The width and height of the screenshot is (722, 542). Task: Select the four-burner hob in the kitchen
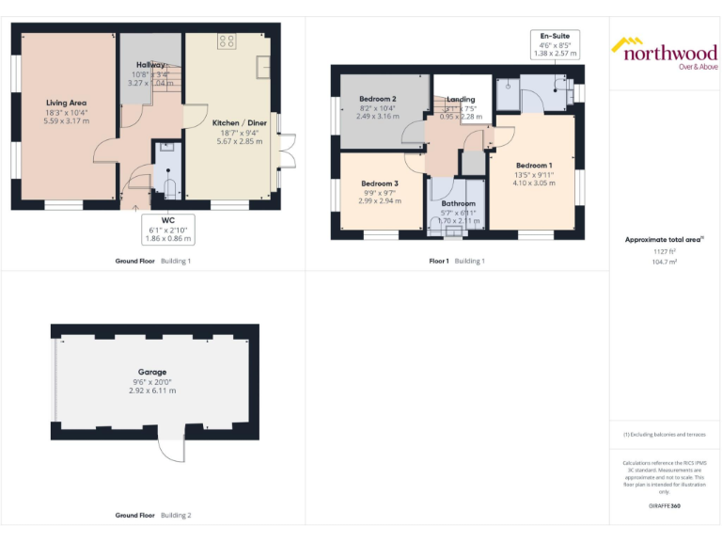click(x=227, y=40)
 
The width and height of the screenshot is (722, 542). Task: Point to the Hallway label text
click(x=150, y=65)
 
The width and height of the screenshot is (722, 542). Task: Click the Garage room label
click(x=152, y=372)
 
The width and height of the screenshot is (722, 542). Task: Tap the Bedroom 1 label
click(x=533, y=166)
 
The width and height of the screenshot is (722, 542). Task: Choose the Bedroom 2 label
click(x=377, y=99)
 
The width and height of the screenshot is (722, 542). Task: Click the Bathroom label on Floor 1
click(x=459, y=203)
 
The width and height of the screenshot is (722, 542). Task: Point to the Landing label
click(x=460, y=99)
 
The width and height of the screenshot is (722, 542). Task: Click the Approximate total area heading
click(x=664, y=240)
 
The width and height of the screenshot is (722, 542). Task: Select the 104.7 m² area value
click(x=665, y=262)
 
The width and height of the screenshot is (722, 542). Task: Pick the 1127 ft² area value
click(x=665, y=251)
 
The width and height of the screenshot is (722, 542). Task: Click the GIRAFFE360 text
click(x=665, y=506)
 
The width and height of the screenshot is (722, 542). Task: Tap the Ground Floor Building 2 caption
click(x=152, y=516)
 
